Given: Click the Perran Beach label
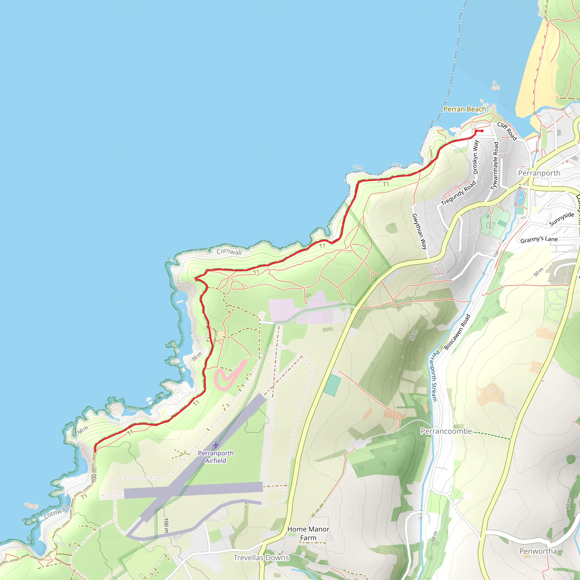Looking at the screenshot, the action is (464, 109).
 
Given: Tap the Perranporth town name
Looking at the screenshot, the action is (539, 173).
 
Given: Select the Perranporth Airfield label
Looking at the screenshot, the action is (216, 457).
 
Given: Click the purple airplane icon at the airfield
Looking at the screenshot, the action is (216, 445).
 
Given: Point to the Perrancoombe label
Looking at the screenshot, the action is (446, 431).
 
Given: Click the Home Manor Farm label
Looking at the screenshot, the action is (308, 533).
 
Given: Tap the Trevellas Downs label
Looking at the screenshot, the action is (261, 557).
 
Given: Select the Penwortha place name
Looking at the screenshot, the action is (538, 551).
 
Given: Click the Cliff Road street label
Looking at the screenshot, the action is (507, 131).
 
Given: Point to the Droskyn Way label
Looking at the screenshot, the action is (476, 157).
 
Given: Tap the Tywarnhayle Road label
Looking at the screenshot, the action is (494, 166).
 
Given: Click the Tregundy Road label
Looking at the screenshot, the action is (459, 193).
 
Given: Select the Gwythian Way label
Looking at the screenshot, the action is (419, 231).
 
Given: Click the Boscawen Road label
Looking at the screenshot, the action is (457, 332).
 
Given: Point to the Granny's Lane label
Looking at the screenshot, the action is (539, 239).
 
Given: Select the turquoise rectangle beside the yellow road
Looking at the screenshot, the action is (332, 385).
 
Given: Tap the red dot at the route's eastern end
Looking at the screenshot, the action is (482, 131).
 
